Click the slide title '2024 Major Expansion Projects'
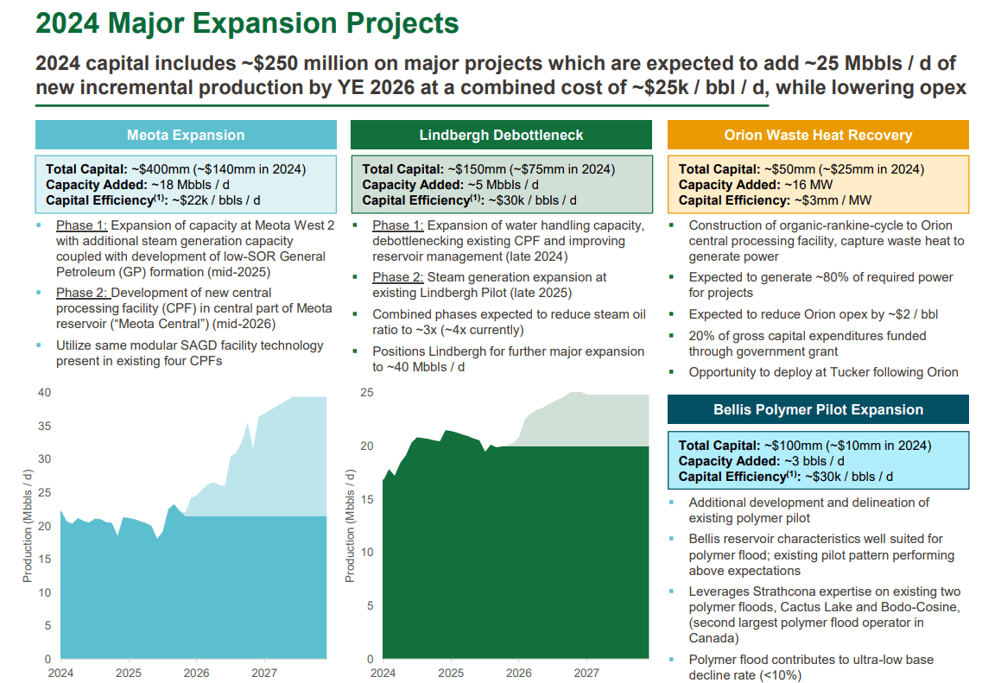coord(247,23)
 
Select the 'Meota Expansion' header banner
coord(186,135)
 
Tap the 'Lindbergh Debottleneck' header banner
coord(501,135)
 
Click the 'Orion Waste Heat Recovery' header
coord(818,135)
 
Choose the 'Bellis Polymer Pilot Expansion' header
coord(818,410)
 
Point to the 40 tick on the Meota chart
coord(44,393)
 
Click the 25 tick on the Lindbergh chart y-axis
coord(366,393)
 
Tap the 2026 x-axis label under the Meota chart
coord(196,672)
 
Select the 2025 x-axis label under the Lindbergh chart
coord(450,672)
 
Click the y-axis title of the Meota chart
coord(28,526)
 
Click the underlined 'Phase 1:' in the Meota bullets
coord(81,225)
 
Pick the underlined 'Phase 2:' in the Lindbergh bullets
coord(398,277)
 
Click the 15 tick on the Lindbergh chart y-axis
coord(366,499)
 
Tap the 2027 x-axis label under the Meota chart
coord(264,672)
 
